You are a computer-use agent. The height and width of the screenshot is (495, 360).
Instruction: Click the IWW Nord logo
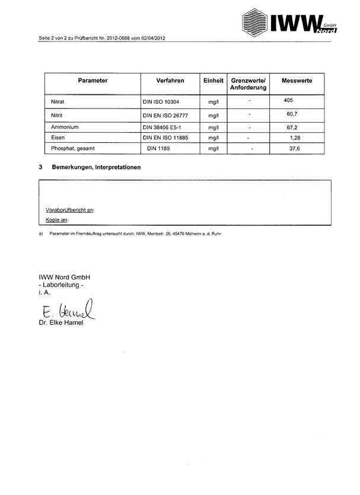click(x=289, y=22)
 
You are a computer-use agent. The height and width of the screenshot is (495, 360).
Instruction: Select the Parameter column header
click(x=93, y=81)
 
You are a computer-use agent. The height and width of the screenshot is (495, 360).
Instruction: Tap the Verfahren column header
click(x=170, y=81)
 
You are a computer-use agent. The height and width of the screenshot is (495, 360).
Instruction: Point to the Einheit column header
click(x=214, y=81)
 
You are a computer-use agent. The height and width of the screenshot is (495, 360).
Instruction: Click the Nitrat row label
click(x=58, y=101)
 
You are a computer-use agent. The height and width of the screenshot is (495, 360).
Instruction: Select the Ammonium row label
click(x=65, y=127)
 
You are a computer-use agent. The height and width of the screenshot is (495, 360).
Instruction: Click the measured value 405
click(x=289, y=100)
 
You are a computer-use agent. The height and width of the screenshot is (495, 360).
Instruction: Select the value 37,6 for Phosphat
click(x=294, y=148)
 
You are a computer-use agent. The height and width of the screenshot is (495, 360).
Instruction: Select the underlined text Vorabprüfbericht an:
click(x=70, y=210)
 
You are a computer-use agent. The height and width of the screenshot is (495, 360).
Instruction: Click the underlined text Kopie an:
click(x=58, y=220)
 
